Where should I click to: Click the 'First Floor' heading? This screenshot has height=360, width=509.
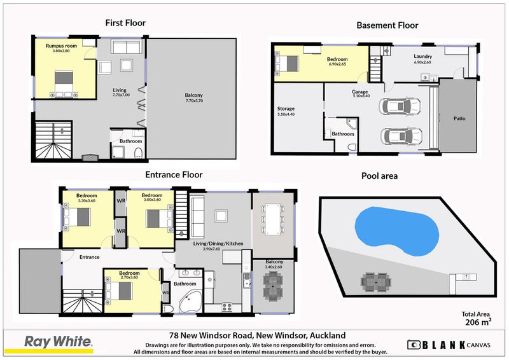pyautogui.click(x=125, y=23)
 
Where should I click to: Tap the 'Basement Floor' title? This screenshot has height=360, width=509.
pyautogui.click(x=387, y=25)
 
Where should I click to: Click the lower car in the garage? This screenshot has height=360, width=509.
pyautogui.click(x=400, y=136)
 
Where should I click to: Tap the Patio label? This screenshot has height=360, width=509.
pyautogui.click(x=458, y=118)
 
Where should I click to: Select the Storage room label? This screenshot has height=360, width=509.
pyautogui.click(x=286, y=109)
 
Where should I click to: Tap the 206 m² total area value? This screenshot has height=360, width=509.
pyautogui.click(x=475, y=322)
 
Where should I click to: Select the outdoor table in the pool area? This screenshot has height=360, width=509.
pyautogui.click(x=375, y=280)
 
